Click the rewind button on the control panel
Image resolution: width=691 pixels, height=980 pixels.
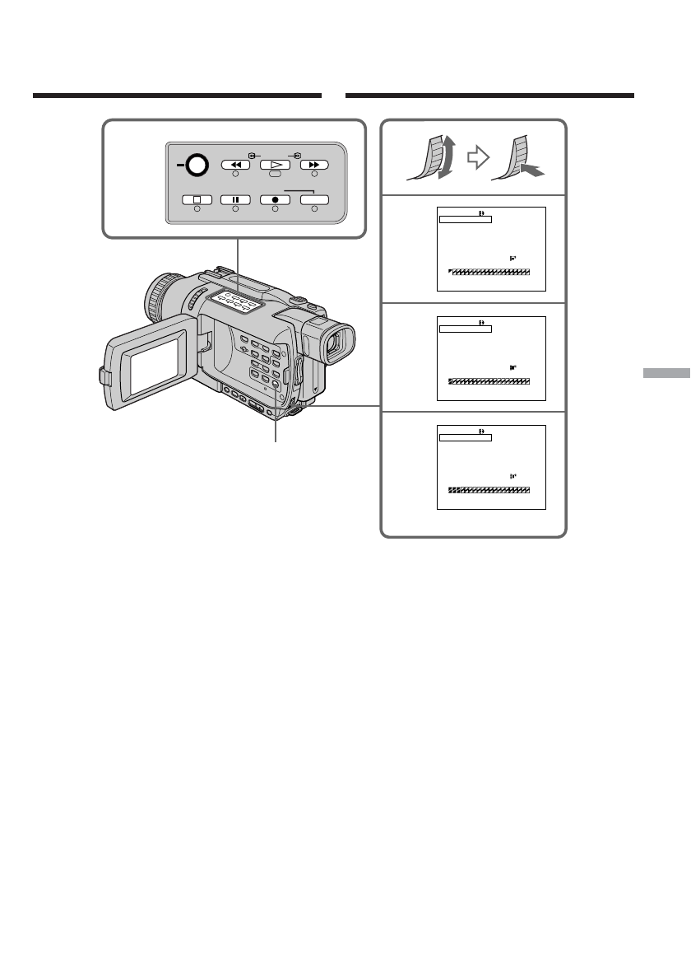click(x=235, y=165)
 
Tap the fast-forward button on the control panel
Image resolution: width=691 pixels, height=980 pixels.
click(x=313, y=165)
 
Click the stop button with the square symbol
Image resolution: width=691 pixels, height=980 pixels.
click(x=197, y=199)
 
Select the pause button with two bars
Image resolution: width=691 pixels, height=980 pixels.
click(x=235, y=199)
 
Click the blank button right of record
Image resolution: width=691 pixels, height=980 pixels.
click(x=313, y=199)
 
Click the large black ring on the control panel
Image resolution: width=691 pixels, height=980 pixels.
click(x=196, y=166)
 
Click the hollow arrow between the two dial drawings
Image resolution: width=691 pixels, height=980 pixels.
click(x=474, y=158)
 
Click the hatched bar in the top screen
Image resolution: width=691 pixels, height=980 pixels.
click(x=490, y=271)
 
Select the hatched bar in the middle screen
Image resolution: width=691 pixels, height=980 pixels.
click(x=489, y=381)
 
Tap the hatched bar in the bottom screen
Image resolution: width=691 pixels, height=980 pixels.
click(x=489, y=490)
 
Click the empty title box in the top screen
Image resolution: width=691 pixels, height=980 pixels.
click(x=465, y=220)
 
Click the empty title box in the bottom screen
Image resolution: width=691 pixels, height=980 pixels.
click(x=465, y=438)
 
